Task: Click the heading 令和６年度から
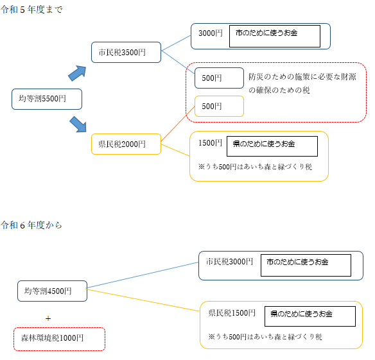tap(32, 225)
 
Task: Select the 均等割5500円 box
tap(47, 99)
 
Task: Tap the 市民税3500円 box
tap(126, 52)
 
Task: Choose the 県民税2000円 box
tap(126, 144)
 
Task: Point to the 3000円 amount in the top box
tap(210, 33)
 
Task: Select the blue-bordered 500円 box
tap(219, 78)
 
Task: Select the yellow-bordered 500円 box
tap(219, 106)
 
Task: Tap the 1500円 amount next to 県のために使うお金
tap(210, 142)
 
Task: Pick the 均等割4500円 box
tap(52, 291)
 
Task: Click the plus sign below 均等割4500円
tap(48, 318)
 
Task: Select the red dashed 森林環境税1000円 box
tap(59, 338)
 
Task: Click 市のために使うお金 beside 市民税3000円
tap(305, 262)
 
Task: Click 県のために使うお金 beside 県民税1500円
tap(309, 314)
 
